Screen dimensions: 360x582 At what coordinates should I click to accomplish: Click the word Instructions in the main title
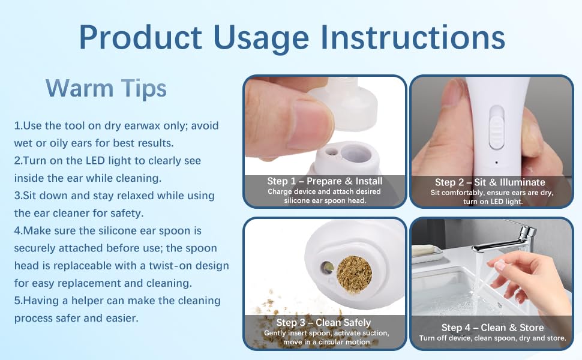[412, 37]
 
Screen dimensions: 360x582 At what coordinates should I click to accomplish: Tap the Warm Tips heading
[106, 88]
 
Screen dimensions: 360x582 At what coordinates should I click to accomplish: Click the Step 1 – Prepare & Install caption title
[325, 181]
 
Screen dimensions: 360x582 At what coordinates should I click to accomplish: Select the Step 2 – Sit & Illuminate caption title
[490, 182]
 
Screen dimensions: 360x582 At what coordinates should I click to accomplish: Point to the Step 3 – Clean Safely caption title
[323, 323]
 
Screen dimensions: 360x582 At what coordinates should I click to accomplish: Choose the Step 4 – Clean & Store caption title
[492, 328]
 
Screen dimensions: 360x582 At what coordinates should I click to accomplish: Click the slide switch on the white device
[496, 126]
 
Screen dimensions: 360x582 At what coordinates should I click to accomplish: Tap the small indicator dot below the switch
[496, 162]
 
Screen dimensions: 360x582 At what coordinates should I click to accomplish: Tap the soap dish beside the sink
[427, 252]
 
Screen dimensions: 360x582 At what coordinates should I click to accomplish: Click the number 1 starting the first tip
[17, 126]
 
